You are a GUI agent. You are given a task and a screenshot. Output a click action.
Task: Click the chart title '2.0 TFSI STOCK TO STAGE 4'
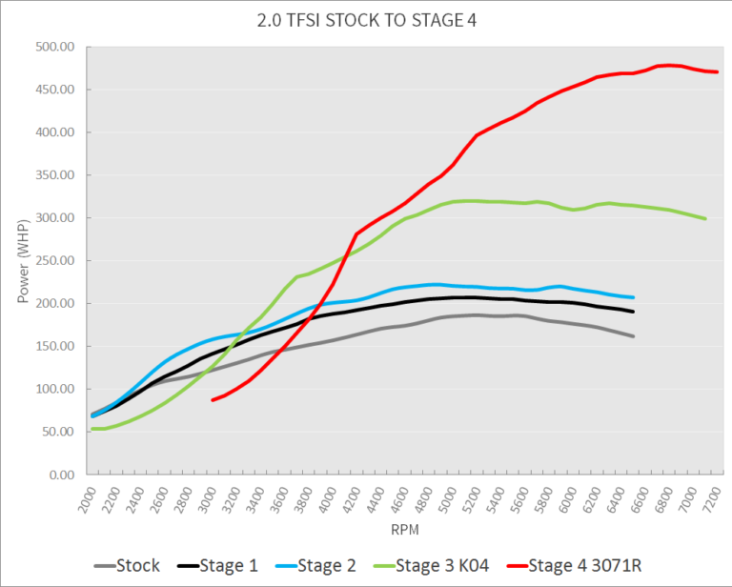click(x=366, y=20)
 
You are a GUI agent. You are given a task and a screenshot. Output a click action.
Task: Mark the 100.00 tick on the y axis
click(x=56, y=389)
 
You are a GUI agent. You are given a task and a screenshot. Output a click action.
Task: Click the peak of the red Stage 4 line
click(x=669, y=65)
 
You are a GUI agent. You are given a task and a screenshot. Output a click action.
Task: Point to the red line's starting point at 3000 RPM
click(x=213, y=399)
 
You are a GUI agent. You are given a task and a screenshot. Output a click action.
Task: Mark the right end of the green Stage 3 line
click(x=705, y=218)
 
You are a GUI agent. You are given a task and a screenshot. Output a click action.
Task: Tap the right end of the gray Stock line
click(x=633, y=336)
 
